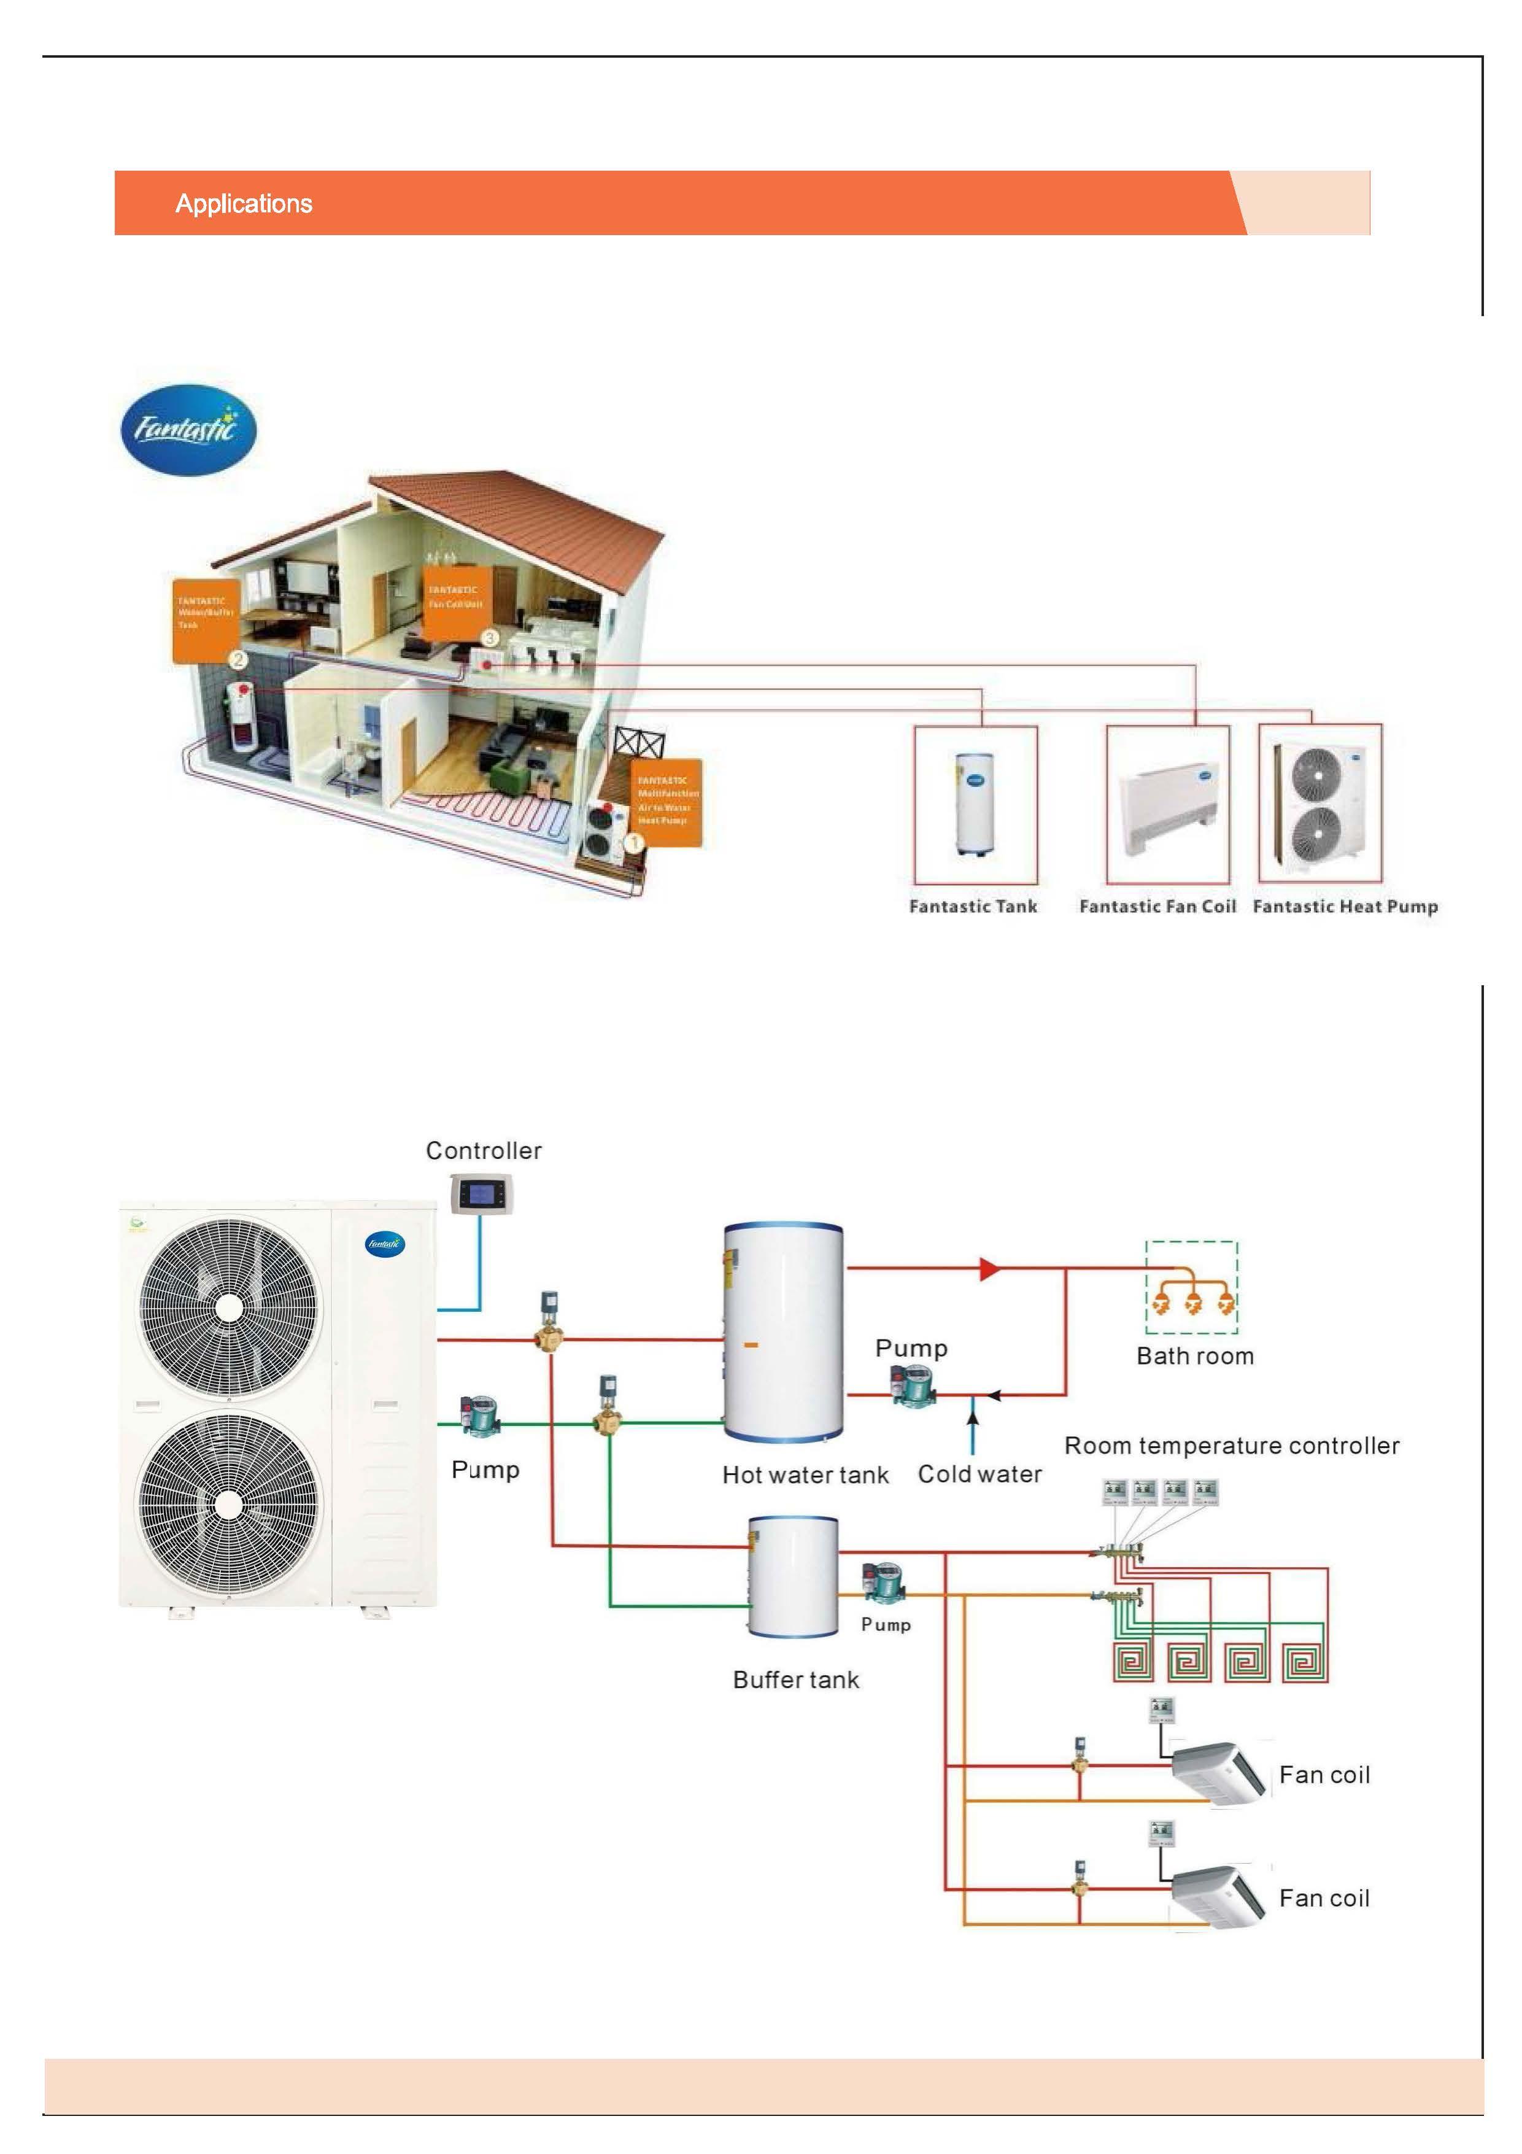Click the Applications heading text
tap(244, 204)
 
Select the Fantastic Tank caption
tap(973, 906)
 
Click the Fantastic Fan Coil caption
tap(1157, 906)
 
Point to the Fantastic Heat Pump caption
tap(1345, 906)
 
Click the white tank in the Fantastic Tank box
tap(975, 803)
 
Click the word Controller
tap(483, 1150)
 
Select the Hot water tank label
tap(805, 1475)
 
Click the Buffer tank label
tap(795, 1679)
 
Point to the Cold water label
tap(979, 1474)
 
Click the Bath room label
tap(1195, 1355)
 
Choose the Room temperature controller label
tap(1231, 1446)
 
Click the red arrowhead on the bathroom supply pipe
tap(989, 1268)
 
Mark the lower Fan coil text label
tap(1324, 1899)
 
